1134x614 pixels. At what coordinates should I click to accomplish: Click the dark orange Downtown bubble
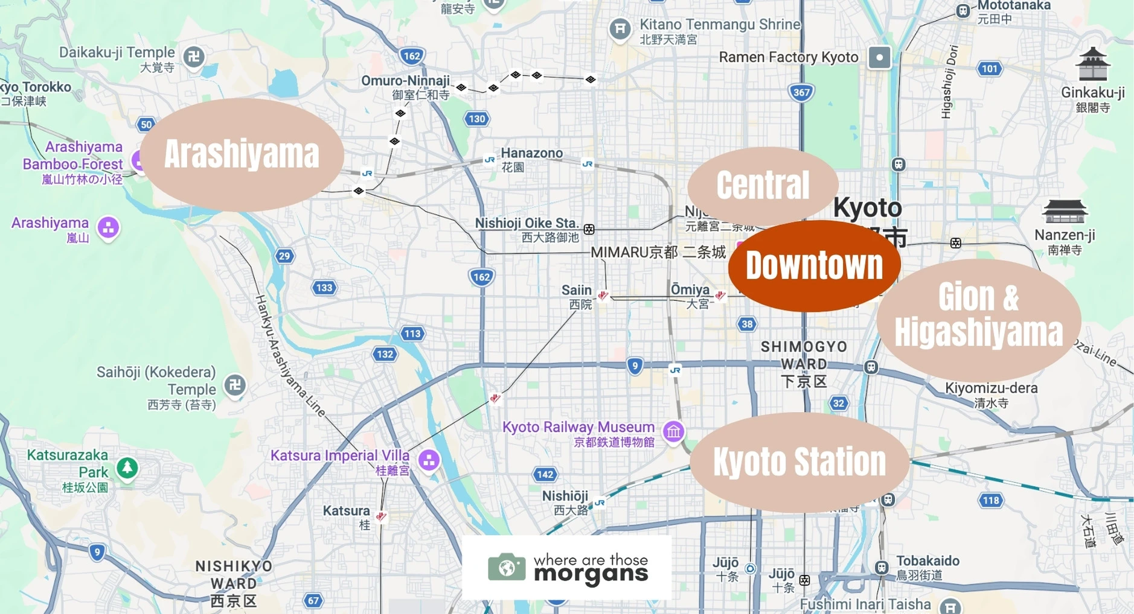click(x=814, y=266)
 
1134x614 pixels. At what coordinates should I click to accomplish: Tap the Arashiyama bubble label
click(x=242, y=154)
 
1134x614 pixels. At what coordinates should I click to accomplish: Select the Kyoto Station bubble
click(x=799, y=462)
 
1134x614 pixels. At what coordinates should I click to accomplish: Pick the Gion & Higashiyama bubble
click(x=978, y=315)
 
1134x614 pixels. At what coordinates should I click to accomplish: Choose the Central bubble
click(x=763, y=185)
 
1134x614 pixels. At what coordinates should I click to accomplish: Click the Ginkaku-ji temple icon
click(x=1092, y=65)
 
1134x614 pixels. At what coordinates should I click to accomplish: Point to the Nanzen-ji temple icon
click(x=1065, y=212)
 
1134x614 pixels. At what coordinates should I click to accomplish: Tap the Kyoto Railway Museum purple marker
click(x=673, y=432)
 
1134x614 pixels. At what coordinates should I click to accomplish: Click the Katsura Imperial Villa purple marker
click(x=429, y=461)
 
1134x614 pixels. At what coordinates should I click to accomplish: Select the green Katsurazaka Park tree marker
click(x=127, y=467)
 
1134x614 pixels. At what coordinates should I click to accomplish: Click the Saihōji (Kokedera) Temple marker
click(x=235, y=384)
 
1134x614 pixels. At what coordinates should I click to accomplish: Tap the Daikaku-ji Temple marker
click(x=194, y=57)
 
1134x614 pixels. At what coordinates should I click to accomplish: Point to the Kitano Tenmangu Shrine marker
click(x=620, y=28)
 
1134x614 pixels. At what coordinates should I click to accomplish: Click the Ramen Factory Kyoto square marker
click(x=879, y=58)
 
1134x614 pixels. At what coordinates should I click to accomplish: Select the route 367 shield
click(x=801, y=92)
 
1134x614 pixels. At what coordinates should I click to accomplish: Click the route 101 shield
click(x=989, y=68)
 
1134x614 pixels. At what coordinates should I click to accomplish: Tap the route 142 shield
click(x=545, y=474)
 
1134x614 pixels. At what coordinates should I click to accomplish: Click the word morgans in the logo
click(x=591, y=574)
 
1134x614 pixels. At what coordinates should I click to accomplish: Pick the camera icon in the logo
click(x=506, y=567)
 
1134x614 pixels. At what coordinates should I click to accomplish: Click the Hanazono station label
click(x=531, y=153)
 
